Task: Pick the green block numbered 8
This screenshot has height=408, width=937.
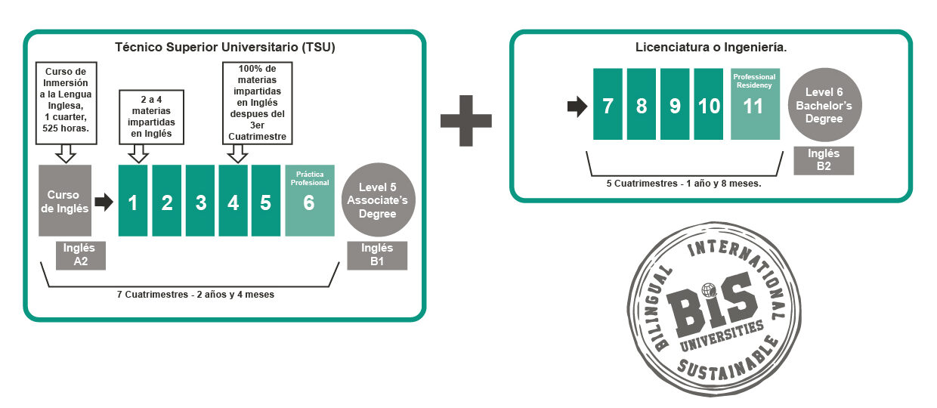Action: tap(642, 104)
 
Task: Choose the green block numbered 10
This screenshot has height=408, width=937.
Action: tap(709, 104)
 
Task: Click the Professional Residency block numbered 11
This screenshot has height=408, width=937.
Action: tap(755, 104)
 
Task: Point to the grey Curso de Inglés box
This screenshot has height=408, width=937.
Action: tap(64, 200)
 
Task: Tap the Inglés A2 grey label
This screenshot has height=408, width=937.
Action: tap(80, 255)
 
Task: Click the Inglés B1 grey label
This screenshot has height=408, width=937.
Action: tap(377, 255)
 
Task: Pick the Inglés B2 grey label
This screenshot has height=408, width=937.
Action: tap(824, 160)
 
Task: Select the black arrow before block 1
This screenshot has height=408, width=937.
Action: tap(104, 202)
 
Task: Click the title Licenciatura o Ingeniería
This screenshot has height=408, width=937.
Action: tap(711, 47)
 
